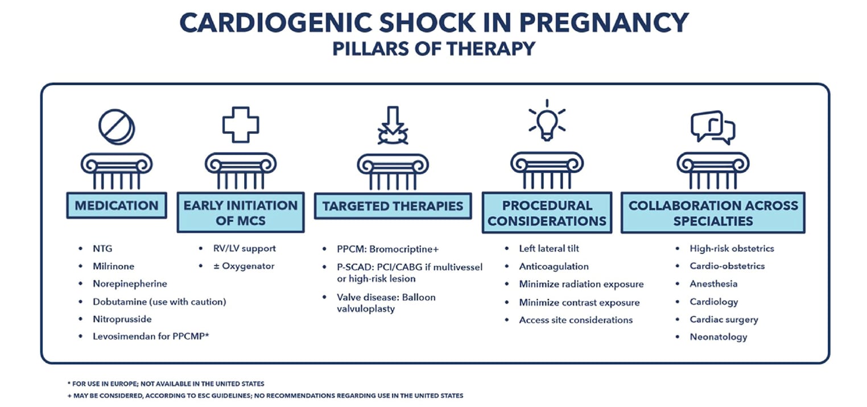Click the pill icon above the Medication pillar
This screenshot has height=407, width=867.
(117, 126)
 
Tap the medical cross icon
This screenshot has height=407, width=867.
(240, 124)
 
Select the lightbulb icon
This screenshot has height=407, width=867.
(547, 122)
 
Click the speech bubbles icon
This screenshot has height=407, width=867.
(712, 127)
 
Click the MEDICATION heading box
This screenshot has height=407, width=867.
(117, 205)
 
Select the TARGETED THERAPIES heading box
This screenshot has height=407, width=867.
(393, 206)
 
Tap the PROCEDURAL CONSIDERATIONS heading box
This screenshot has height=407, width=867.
(547, 213)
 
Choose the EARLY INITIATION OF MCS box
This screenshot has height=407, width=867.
(240, 212)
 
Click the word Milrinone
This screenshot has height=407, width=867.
(114, 266)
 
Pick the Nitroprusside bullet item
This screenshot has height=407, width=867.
(122, 319)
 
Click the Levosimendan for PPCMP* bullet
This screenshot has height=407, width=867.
(151, 337)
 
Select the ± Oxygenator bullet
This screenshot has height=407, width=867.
(244, 266)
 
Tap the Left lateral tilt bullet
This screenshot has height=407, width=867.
(548, 248)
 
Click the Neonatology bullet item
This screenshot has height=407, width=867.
(718, 337)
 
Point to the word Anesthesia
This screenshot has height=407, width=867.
(713, 284)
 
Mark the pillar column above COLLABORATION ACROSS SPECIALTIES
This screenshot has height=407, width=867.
(712, 171)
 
